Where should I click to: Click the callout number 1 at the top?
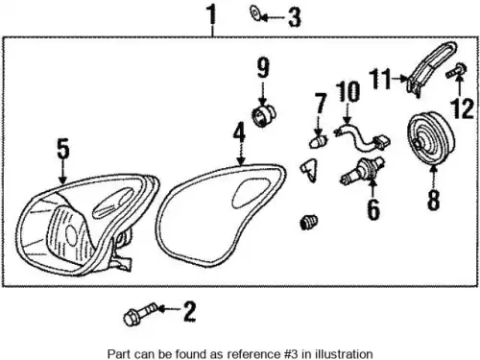click(x=211, y=14)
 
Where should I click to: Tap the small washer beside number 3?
click(x=255, y=13)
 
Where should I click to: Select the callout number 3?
click(x=295, y=17)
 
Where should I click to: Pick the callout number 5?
click(x=63, y=148)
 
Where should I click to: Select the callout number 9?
click(x=263, y=67)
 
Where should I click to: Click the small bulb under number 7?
click(x=319, y=141)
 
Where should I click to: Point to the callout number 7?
click(x=321, y=103)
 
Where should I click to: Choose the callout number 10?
click(x=348, y=92)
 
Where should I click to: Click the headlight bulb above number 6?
click(x=362, y=171)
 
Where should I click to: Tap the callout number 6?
click(x=373, y=209)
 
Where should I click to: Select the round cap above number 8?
click(x=431, y=139)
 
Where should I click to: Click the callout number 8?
click(x=433, y=200)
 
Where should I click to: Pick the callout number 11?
click(x=380, y=79)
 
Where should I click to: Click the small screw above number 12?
click(x=456, y=71)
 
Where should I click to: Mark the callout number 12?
click(x=462, y=108)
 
